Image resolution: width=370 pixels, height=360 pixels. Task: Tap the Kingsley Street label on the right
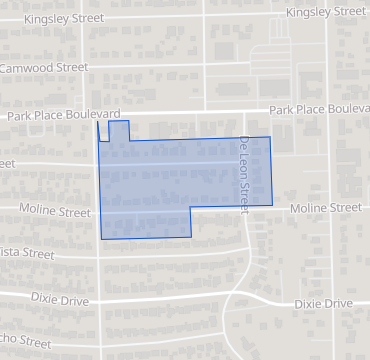coord(326,11)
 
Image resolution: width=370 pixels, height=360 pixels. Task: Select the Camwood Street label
coord(45,67)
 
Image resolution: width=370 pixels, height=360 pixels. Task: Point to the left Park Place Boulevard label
coord(64,116)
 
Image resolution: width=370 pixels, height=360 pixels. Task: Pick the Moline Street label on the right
coord(325,208)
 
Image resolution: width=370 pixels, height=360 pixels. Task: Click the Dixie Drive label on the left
coord(61,300)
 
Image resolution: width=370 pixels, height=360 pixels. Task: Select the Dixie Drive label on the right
coord(323,302)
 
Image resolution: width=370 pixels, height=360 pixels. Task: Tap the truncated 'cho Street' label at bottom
coord(25,343)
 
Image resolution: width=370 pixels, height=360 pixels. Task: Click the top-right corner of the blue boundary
coord(271,137)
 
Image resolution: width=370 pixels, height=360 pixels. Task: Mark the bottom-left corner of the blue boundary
coord(101,239)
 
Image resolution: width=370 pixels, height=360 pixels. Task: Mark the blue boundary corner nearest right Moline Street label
coord(272,206)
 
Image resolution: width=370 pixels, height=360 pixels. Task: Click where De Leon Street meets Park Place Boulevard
coord(242,111)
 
